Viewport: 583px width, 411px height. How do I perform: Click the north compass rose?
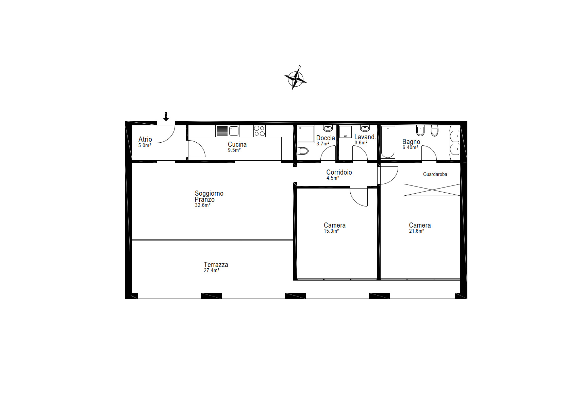point(296,79)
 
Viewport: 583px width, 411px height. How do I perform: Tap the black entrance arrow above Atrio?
point(166,117)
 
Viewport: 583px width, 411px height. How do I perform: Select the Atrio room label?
point(145,139)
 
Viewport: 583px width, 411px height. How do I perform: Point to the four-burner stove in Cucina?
point(260,131)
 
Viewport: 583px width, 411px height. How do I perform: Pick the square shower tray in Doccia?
point(306,134)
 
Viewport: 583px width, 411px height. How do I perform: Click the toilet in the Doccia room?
point(303,151)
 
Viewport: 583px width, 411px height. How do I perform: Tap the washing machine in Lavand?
point(346,132)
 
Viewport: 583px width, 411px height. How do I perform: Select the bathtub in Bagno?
point(388,142)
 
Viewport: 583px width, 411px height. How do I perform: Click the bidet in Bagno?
point(421,130)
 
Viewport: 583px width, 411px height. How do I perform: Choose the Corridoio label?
point(339,172)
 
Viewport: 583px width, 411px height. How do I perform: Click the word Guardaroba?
point(435,174)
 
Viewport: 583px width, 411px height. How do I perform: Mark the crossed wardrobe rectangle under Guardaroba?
point(432,190)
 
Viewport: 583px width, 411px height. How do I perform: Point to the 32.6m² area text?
point(202,205)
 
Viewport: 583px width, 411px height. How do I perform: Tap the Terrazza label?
point(216,265)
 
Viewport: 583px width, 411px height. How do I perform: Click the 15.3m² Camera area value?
point(331,231)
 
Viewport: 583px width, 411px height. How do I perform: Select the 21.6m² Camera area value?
point(416,231)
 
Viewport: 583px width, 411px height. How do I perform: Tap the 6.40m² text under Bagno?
point(410,147)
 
